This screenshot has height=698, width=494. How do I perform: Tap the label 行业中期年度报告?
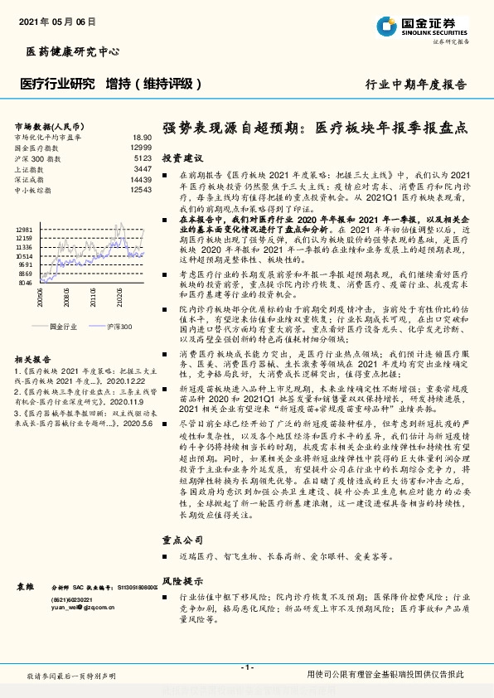tap(416, 85)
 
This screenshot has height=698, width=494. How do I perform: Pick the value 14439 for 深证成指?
tap(141, 179)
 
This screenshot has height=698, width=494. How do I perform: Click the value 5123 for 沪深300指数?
tap(143, 158)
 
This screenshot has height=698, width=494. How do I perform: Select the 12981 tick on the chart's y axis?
tap(24, 228)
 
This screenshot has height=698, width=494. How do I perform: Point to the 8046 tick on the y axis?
tap(26, 282)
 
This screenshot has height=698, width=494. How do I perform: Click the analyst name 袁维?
tap(25, 587)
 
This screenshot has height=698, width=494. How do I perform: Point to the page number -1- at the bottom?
tap(247, 667)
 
